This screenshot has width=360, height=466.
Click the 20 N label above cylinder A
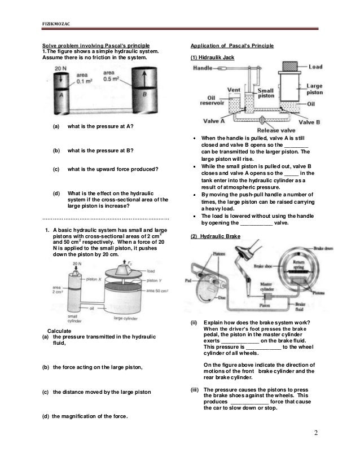tap(60, 69)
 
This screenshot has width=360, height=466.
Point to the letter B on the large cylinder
tap(144, 95)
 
